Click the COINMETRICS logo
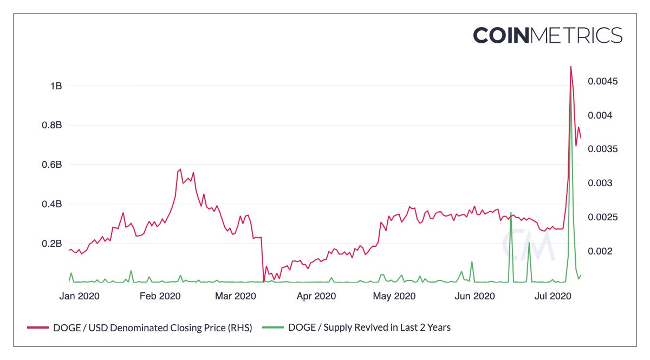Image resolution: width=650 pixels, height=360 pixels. click(x=548, y=35)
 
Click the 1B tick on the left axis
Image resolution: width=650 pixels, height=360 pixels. click(x=56, y=86)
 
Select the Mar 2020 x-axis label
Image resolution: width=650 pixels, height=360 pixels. click(x=236, y=296)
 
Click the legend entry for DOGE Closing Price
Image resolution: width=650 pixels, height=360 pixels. click(x=139, y=327)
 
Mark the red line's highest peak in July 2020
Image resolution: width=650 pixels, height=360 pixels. click(x=570, y=67)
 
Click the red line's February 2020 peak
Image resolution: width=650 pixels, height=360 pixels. click(x=180, y=169)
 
